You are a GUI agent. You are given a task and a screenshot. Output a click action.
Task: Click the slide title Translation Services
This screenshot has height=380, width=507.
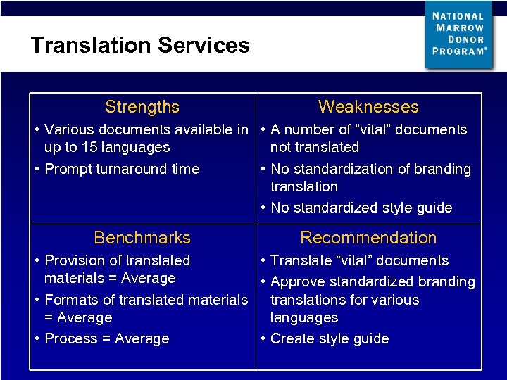(x=139, y=46)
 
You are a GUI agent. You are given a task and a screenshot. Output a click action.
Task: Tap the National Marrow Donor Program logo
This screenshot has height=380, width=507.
(x=459, y=34)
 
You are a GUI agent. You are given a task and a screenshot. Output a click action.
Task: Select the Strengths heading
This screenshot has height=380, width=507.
(x=142, y=107)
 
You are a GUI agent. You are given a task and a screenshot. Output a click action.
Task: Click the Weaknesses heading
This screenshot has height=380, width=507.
(x=368, y=107)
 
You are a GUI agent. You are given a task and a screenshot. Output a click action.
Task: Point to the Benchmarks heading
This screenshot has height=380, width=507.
(x=142, y=238)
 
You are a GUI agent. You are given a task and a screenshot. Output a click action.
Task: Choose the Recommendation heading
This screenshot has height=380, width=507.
(x=368, y=238)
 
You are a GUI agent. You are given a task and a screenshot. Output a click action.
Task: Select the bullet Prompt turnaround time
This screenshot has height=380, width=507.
(x=121, y=169)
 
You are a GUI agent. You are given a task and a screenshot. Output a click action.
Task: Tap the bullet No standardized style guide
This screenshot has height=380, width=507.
(x=361, y=208)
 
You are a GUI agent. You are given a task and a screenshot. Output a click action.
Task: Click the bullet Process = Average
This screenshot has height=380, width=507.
(x=106, y=338)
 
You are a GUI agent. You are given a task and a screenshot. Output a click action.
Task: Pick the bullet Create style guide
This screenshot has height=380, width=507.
(x=329, y=338)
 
